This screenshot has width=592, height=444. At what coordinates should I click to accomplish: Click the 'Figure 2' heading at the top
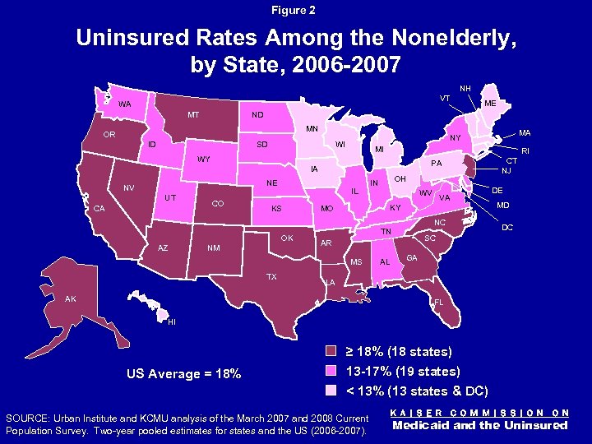coord(295,11)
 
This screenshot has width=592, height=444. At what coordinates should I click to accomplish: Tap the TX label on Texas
coord(271,277)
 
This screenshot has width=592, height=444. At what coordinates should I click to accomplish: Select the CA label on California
coord(98,208)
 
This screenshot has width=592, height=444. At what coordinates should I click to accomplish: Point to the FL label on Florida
coord(439,303)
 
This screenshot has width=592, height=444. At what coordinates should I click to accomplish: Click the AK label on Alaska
coord(72,299)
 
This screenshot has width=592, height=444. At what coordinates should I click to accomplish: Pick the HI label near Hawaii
coord(171,321)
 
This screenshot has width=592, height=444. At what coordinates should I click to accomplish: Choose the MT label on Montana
coord(192,114)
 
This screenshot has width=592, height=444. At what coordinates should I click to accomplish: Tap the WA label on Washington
coord(124,104)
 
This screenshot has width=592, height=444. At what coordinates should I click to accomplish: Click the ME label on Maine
coord(489,104)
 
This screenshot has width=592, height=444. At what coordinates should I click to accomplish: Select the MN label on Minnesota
coord(312,129)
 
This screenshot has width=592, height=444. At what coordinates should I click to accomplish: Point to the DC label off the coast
coord(507,226)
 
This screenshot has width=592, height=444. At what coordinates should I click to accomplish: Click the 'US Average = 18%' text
coord(183,374)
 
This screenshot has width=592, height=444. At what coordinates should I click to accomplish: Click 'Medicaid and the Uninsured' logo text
coord(481,425)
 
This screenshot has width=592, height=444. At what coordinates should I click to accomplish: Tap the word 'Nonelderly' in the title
coord(428,39)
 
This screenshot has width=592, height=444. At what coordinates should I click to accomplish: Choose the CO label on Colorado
coord(219,203)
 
